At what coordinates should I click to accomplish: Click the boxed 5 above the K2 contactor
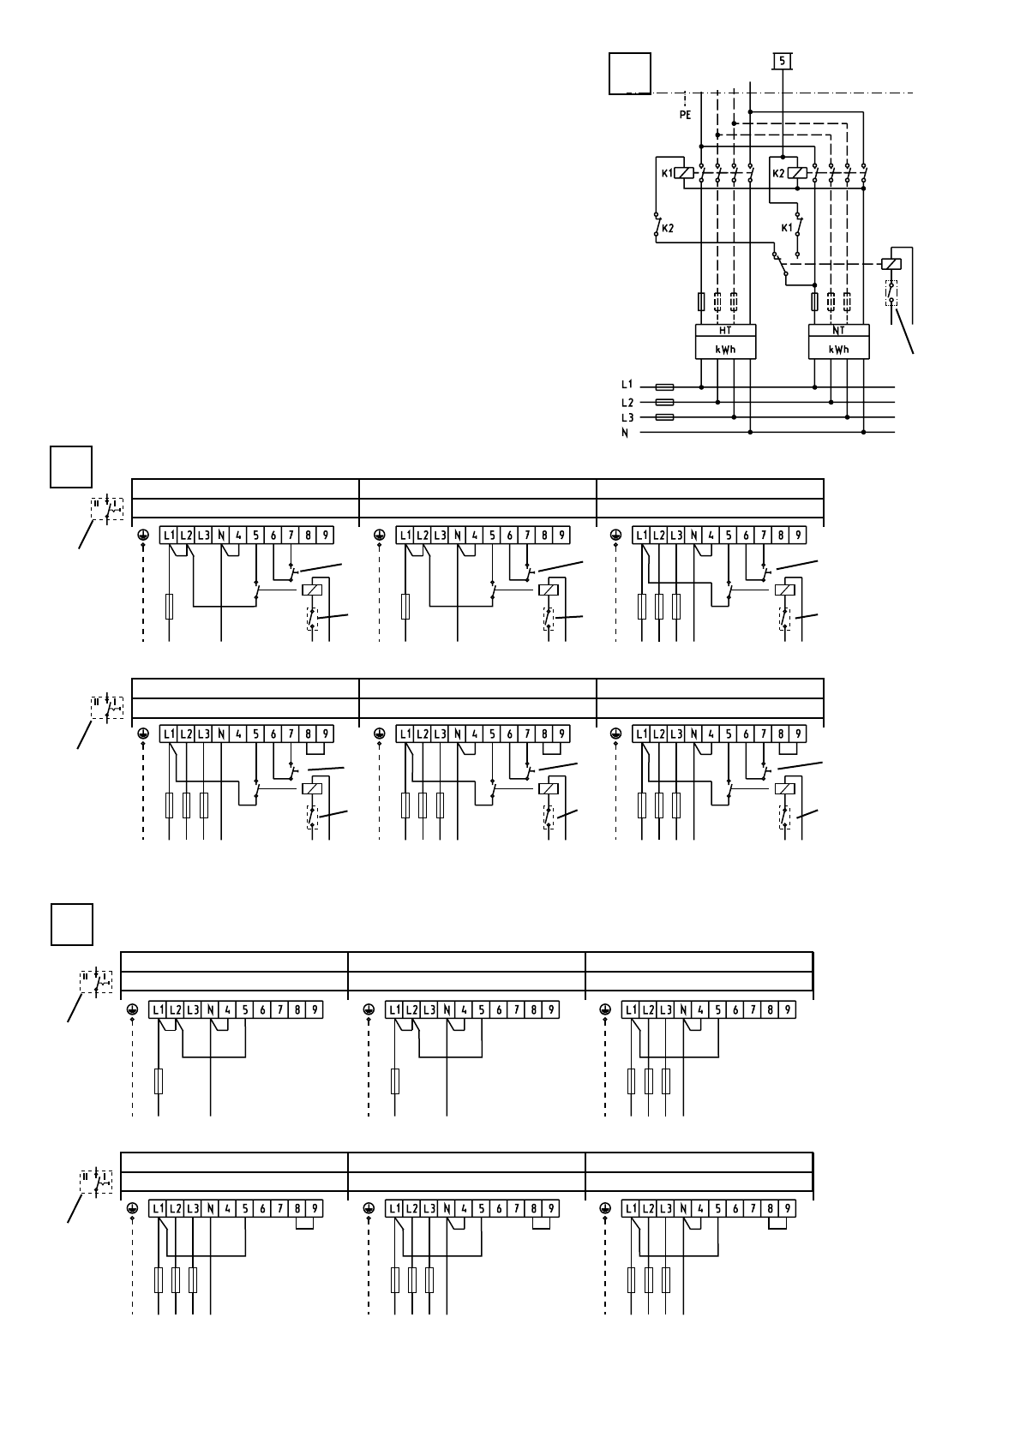pos(783,61)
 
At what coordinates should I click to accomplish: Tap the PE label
pos(685,115)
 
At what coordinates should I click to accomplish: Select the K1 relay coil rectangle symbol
pos(684,172)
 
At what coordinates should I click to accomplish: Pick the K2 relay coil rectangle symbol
pos(797,173)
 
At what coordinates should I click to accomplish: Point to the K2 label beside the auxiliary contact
pos(668,229)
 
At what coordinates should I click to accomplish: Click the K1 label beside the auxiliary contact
pos(787,228)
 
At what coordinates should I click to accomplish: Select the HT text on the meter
pos(724,331)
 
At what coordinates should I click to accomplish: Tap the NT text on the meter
pos(838,331)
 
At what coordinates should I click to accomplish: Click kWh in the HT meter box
pos(724,350)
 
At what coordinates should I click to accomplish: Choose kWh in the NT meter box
pos(838,350)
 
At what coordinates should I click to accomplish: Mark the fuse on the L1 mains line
pos(664,387)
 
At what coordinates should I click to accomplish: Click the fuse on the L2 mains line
pos(664,402)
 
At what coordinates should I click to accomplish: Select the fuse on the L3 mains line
pos(664,417)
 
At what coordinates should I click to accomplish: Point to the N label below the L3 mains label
pos(627,434)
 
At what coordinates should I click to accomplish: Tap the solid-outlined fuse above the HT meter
pos(701,302)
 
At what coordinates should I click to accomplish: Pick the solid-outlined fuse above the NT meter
pos(815,302)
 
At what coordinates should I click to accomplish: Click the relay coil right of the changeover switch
pos(892,265)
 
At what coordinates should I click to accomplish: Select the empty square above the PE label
pos(629,73)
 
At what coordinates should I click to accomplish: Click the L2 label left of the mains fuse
pos(627,403)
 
